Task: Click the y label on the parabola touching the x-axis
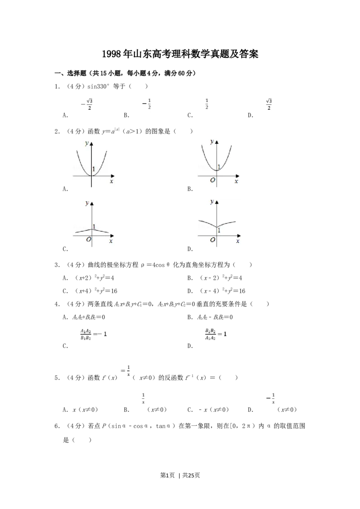point(86,143)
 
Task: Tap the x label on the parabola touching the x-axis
point(111,181)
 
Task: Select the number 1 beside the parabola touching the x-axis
point(94,169)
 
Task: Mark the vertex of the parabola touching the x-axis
point(92,175)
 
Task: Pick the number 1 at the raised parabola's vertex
point(219,167)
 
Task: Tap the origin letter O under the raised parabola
point(213,181)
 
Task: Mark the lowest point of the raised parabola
point(217,170)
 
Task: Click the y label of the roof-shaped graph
point(86,203)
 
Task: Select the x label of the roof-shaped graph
point(111,241)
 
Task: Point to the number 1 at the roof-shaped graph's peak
point(94,226)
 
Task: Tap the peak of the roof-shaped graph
point(92,229)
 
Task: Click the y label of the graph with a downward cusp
point(211,202)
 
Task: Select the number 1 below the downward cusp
point(219,230)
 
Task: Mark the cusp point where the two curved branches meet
point(217,227)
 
